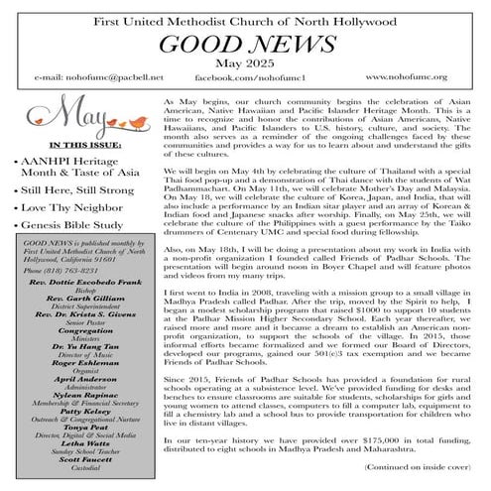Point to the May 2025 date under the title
click(x=245, y=64)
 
